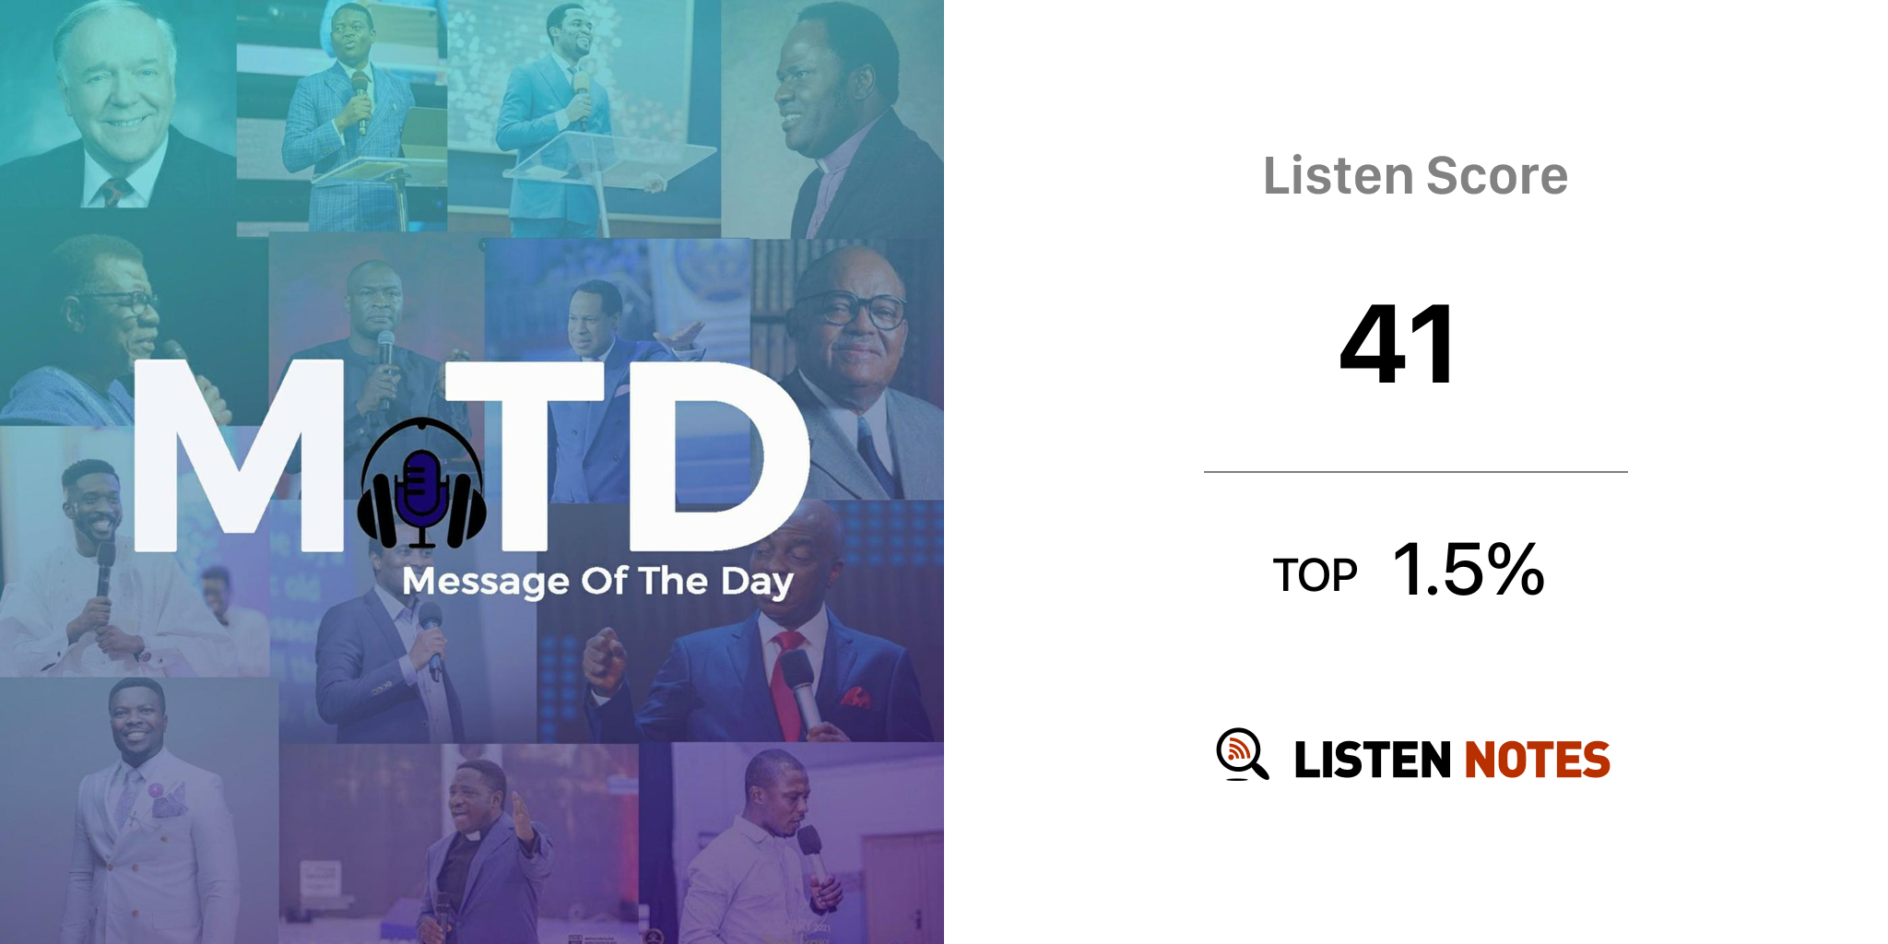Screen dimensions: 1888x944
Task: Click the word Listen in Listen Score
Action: click(x=1339, y=175)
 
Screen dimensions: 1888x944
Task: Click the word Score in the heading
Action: click(x=1497, y=175)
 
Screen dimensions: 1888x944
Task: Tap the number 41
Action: click(x=1398, y=345)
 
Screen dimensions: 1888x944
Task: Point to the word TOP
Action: click(x=1315, y=575)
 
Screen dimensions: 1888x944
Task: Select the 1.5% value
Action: click(x=1469, y=569)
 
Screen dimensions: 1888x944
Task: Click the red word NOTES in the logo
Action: click(x=1537, y=760)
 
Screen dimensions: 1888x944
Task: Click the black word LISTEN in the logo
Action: click(x=1373, y=760)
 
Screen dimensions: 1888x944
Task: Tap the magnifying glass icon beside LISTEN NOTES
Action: click(x=1242, y=754)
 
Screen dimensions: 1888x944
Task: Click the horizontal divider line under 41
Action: click(x=1416, y=472)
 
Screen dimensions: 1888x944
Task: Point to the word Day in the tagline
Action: click(x=757, y=583)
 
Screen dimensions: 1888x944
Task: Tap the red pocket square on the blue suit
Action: click(x=855, y=697)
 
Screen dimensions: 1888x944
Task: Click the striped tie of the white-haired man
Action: click(x=113, y=193)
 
